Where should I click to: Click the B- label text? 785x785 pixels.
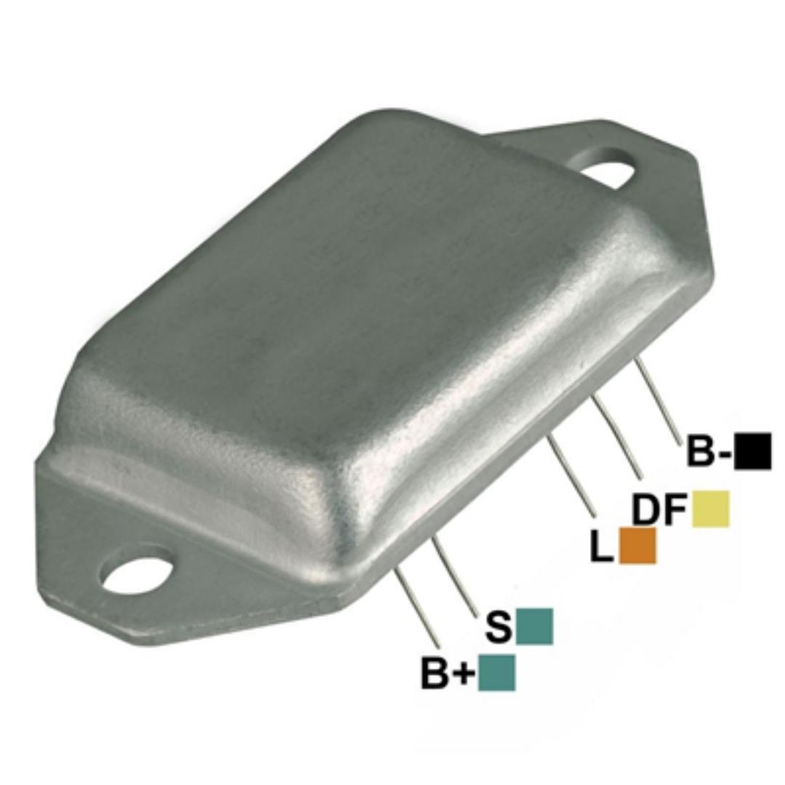tap(709, 451)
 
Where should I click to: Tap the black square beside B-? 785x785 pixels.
tap(752, 451)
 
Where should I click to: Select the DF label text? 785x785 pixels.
tap(660, 509)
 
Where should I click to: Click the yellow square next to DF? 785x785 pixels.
tap(710, 509)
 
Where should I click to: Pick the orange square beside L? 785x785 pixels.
tap(637, 546)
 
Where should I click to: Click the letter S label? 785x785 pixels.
tap(499, 627)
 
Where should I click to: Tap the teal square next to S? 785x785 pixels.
tap(534, 626)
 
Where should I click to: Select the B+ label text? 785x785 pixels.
tap(448, 673)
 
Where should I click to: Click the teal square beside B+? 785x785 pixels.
tap(496, 672)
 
